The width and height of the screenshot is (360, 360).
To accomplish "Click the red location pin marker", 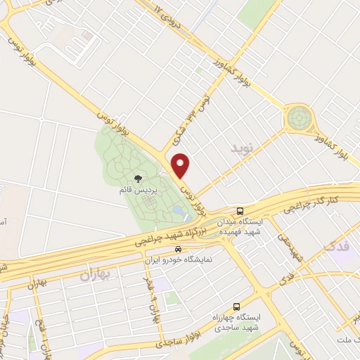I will pyautogui.click(x=182, y=166).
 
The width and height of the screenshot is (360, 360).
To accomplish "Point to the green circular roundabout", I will pyautogui.click(x=299, y=117).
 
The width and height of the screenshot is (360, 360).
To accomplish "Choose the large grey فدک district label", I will pyautogui.click(x=337, y=244).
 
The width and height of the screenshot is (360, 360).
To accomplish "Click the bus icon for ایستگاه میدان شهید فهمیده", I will pyautogui.click(x=240, y=210).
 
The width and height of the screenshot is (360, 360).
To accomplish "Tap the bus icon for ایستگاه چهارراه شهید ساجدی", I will pyautogui.click(x=236, y=307).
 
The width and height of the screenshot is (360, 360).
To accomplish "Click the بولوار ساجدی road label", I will pyautogui.click(x=161, y=340).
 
